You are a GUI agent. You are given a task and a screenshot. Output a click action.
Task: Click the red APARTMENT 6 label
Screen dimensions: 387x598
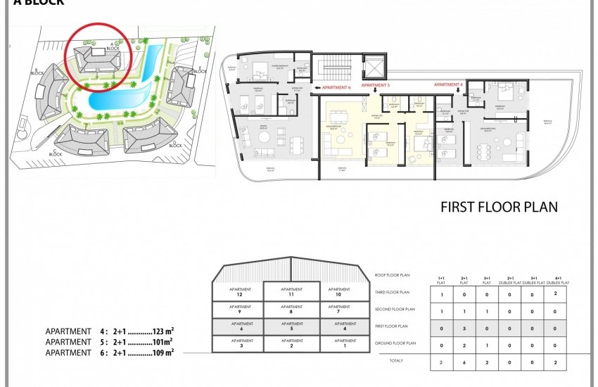click(333, 88)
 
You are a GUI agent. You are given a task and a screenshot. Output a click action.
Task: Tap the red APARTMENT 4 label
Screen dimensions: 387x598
click(448, 84)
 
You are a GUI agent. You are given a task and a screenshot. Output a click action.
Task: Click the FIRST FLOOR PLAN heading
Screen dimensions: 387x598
click(498, 207)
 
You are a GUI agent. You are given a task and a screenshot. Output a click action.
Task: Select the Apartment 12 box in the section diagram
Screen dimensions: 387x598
click(240, 291)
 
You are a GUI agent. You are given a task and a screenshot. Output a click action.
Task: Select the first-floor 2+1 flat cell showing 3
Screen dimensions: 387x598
click(464, 329)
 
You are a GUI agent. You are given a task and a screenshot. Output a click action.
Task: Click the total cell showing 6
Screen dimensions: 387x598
click(464, 362)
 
